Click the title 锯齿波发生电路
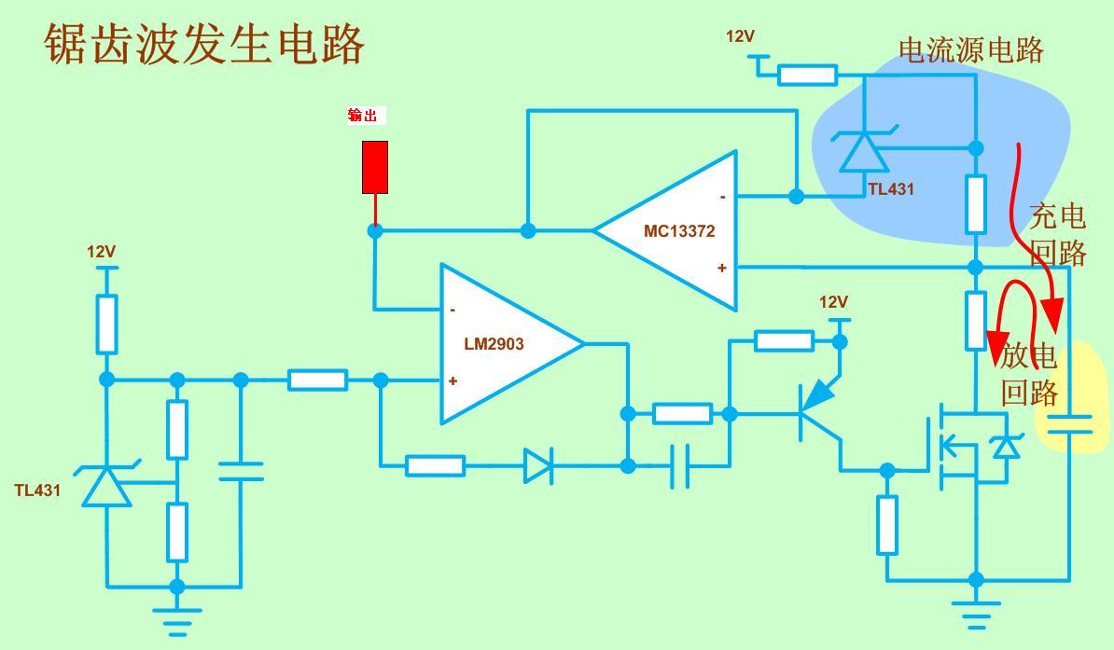pyautogui.click(x=204, y=45)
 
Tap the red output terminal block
pyautogui.click(x=375, y=168)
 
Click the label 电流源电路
pyautogui.click(x=970, y=50)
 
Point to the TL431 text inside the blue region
pyautogui.click(x=891, y=189)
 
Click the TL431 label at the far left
pyautogui.click(x=37, y=491)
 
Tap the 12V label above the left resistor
pyautogui.click(x=101, y=252)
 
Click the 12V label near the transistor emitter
pyautogui.click(x=833, y=302)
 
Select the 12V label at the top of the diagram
pyautogui.click(x=740, y=36)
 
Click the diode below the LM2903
pyautogui.click(x=537, y=465)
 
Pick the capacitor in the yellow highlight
pyautogui.click(x=1069, y=424)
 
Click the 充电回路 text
pyautogui.click(x=1058, y=233)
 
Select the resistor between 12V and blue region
pyautogui.click(x=807, y=75)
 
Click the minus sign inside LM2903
pyautogui.click(x=453, y=310)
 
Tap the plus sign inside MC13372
pyautogui.click(x=721, y=268)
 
